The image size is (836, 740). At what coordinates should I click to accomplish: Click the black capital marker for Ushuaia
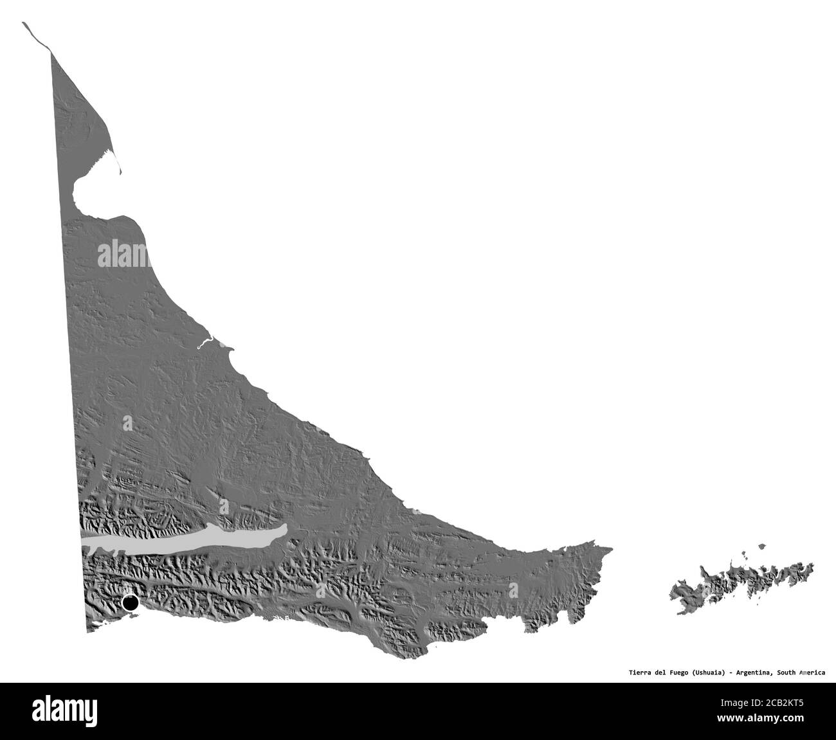pyautogui.click(x=130, y=603)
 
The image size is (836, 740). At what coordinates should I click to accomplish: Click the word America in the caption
pyautogui.click(x=812, y=672)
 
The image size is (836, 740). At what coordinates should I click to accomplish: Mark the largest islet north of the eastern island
pyautogui.click(x=761, y=547)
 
